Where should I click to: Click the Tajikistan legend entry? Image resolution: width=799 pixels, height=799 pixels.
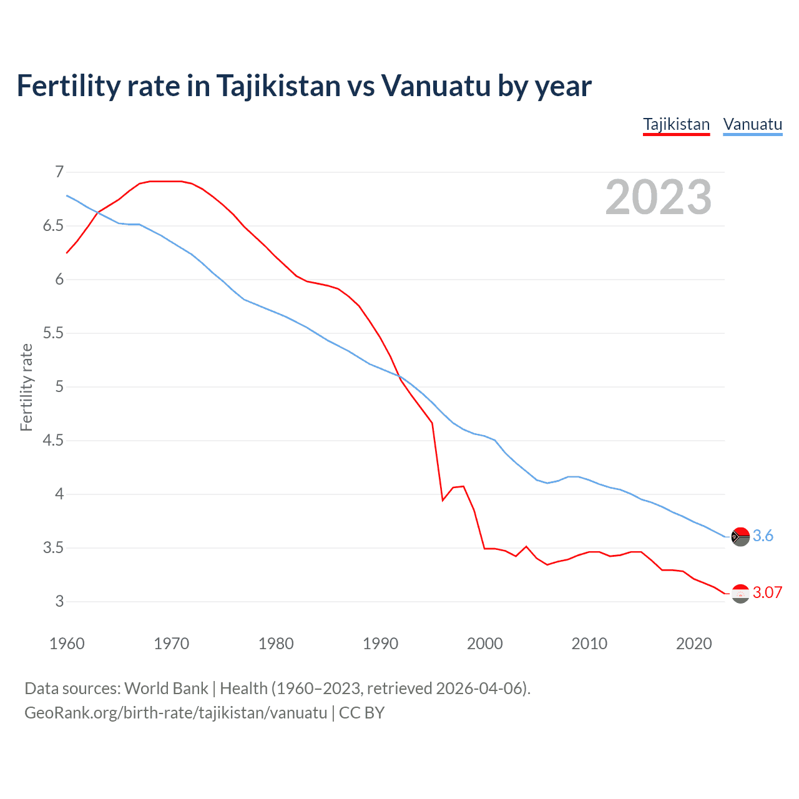676,124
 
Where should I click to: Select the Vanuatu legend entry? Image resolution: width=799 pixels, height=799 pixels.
752,124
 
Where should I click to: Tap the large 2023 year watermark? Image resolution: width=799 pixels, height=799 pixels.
658,197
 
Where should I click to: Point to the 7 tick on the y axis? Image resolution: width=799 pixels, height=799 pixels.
59,172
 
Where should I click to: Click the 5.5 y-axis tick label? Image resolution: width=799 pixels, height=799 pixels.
53,333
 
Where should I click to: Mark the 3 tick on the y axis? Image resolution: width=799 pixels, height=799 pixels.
59,602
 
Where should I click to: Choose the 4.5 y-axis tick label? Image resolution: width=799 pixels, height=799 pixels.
53,441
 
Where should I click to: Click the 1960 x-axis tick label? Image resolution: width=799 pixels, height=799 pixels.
67,644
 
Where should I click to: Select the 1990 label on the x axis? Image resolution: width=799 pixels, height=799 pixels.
380,644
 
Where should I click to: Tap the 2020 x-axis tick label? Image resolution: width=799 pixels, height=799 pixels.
694,644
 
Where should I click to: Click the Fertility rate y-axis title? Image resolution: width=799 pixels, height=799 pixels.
26,387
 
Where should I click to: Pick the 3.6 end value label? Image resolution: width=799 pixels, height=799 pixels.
763,536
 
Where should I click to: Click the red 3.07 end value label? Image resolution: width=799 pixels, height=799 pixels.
767,592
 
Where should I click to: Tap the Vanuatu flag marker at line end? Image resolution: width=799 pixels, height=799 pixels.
740,536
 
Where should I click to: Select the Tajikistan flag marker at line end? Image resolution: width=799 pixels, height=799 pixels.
740,594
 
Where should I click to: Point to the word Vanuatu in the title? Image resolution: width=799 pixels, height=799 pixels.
436,86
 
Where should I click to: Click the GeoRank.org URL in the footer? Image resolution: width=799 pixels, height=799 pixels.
175,712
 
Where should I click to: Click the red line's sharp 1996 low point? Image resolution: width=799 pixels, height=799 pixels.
443,500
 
